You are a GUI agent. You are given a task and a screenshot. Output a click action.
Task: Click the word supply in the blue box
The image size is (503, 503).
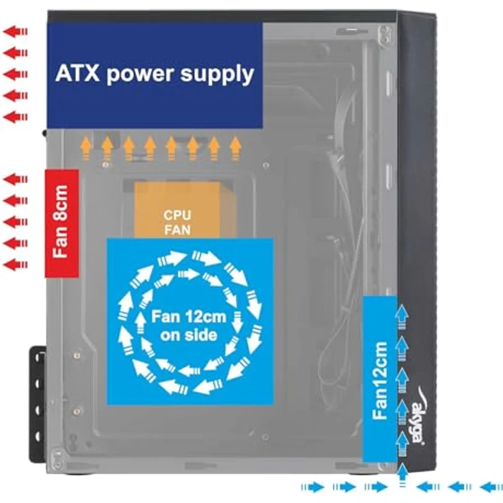[217, 75]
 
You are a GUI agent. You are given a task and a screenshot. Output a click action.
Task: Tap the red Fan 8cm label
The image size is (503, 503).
[62, 223]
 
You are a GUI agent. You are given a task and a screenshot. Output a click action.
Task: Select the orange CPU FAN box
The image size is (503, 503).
[178, 210]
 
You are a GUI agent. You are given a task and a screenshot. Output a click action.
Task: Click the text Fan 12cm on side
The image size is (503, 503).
[189, 326]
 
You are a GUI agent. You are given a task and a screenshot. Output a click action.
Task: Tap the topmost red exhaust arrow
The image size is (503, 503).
[16, 31]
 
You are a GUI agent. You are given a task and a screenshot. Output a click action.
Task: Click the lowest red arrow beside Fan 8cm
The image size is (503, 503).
[16, 265]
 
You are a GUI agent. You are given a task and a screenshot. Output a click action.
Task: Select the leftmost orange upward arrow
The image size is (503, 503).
[86, 148]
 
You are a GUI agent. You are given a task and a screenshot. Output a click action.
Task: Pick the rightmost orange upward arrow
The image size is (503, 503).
[236, 148]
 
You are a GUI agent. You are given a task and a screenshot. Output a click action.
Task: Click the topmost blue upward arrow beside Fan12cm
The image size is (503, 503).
[402, 317]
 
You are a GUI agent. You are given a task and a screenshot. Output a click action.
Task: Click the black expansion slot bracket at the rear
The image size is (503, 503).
[38, 405]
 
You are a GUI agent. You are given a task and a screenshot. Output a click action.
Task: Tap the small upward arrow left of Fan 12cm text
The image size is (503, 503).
[139, 323]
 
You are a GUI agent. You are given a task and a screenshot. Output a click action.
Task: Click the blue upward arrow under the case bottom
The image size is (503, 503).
[403, 474]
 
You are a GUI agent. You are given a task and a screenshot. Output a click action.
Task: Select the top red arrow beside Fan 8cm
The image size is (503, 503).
[16, 179]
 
